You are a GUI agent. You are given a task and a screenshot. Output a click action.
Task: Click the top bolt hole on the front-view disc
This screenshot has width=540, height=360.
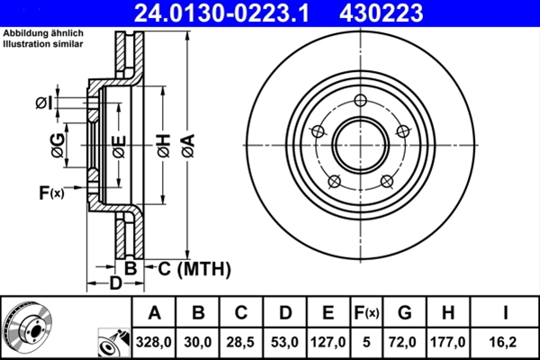(361, 100)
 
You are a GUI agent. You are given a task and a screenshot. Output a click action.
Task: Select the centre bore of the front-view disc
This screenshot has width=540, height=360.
(361, 143)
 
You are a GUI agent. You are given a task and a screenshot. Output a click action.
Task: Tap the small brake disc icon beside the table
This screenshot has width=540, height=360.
(27, 327)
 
